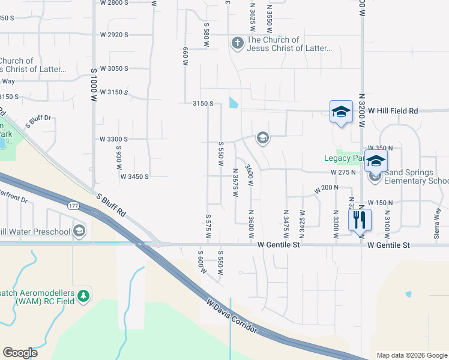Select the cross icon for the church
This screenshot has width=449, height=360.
click(x=237, y=43)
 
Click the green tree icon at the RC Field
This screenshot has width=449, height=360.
click(x=83, y=296)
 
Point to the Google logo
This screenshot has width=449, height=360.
click(x=20, y=353)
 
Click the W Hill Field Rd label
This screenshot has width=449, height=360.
click(x=393, y=111)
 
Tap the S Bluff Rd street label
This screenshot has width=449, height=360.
click(x=111, y=204)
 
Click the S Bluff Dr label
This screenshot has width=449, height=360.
click(x=38, y=121)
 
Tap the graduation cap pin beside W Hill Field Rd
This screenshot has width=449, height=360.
click(x=341, y=112)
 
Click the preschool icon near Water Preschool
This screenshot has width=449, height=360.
click(x=79, y=230)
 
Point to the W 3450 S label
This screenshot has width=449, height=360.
click(x=134, y=176)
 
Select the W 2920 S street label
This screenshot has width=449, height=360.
click(x=114, y=35)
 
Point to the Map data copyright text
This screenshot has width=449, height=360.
click(x=411, y=355)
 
